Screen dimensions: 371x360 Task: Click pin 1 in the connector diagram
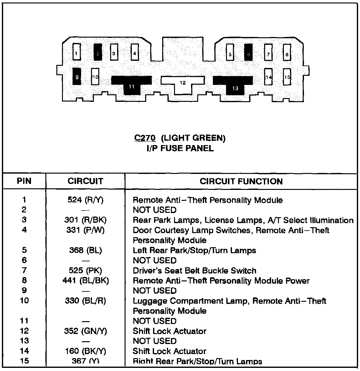click(x=76, y=52)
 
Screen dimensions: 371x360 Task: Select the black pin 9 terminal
click(x=77, y=76)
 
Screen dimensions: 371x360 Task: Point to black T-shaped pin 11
click(x=131, y=83)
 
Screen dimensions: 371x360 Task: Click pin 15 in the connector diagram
click(x=287, y=77)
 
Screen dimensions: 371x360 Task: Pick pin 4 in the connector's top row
click(x=135, y=52)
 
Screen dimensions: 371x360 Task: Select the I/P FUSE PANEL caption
click(x=180, y=148)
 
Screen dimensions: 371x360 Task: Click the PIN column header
click(x=24, y=181)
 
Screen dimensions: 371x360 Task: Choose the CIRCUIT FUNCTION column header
click(x=241, y=181)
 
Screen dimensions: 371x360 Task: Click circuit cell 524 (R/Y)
click(x=85, y=200)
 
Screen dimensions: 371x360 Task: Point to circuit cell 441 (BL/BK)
click(x=85, y=280)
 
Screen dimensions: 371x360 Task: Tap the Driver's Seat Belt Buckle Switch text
click(x=194, y=271)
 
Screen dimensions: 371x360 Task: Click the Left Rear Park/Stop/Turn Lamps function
click(x=194, y=250)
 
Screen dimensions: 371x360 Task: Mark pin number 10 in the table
click(x=24, y=300)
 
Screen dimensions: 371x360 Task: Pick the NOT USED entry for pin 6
click(x=155, y=260)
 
